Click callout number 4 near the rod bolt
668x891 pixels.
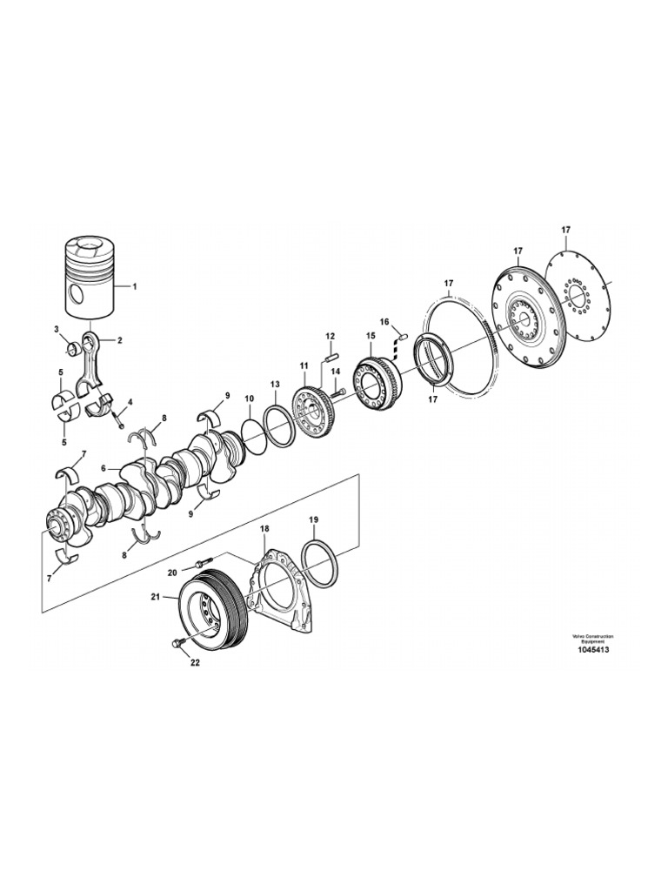coord(130,402)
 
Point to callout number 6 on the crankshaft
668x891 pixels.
coord(104,468)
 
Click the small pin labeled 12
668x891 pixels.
coord(331,353)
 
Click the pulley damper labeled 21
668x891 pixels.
coord(213,609)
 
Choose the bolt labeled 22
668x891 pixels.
coord(179,643)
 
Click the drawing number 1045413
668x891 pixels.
coord(590,649)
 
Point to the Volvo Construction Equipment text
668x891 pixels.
coord(590,638)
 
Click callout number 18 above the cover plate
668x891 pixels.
coord(264,528)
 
